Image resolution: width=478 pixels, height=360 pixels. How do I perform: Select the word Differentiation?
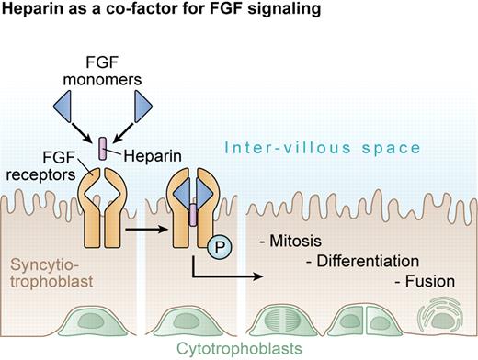(370, 261)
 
